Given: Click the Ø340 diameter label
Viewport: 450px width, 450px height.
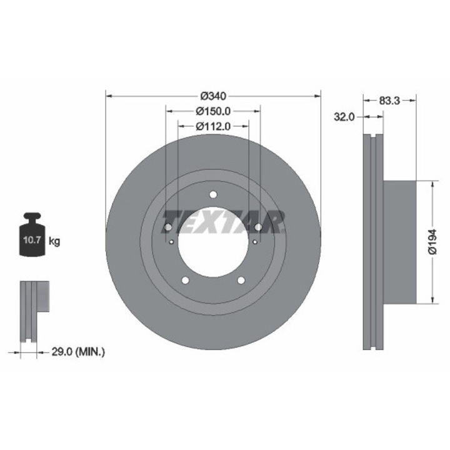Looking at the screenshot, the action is coord(213,96).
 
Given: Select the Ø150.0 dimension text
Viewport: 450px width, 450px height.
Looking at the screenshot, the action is coord(213,111).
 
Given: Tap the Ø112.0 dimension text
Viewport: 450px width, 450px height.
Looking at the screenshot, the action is coord(213,126).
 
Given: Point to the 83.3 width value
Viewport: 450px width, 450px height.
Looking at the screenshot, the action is coord(389,101).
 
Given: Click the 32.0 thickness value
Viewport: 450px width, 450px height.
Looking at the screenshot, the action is coord(344,117).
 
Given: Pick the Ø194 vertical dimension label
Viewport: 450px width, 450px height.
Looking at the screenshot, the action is coord(432,242).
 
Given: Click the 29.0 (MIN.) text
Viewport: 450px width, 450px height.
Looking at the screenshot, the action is coord(78,351).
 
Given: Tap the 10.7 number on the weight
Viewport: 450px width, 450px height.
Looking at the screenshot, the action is coord(32,240).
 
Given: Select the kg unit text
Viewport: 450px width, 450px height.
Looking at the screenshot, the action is coord(54,241).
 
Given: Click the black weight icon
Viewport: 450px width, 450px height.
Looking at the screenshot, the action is coord(32,234).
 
